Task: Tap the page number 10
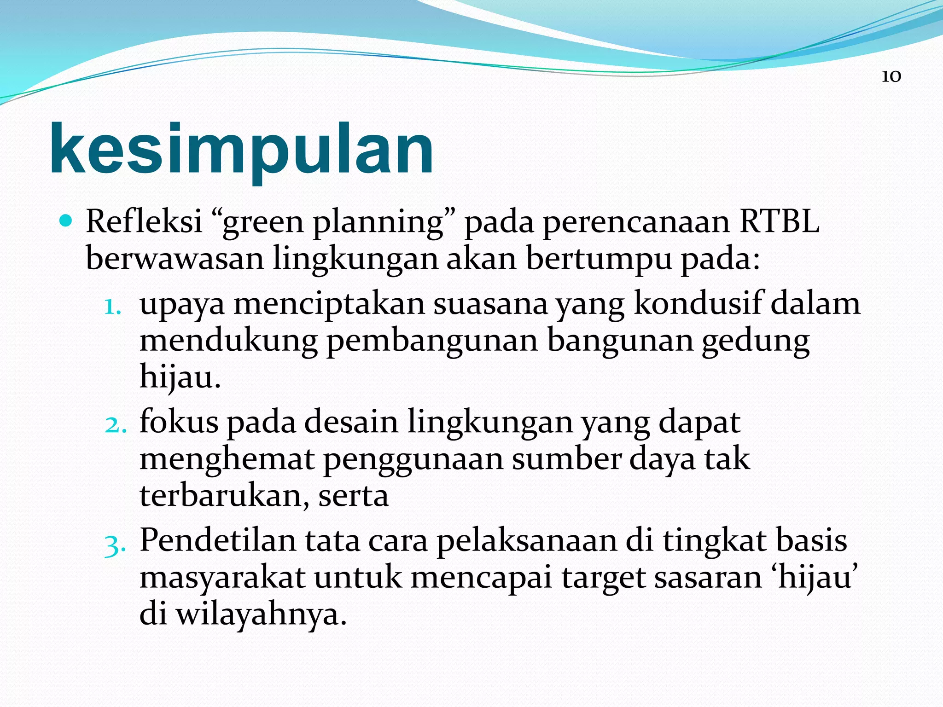point(891,76)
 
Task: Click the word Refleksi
point(144,222)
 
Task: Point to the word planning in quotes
point(378,223)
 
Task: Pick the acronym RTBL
point(779,222)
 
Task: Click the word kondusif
point(698,304)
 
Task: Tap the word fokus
point(179,422)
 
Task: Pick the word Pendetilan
point(217,540)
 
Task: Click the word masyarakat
point(222,578)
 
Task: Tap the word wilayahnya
point(261,615)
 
